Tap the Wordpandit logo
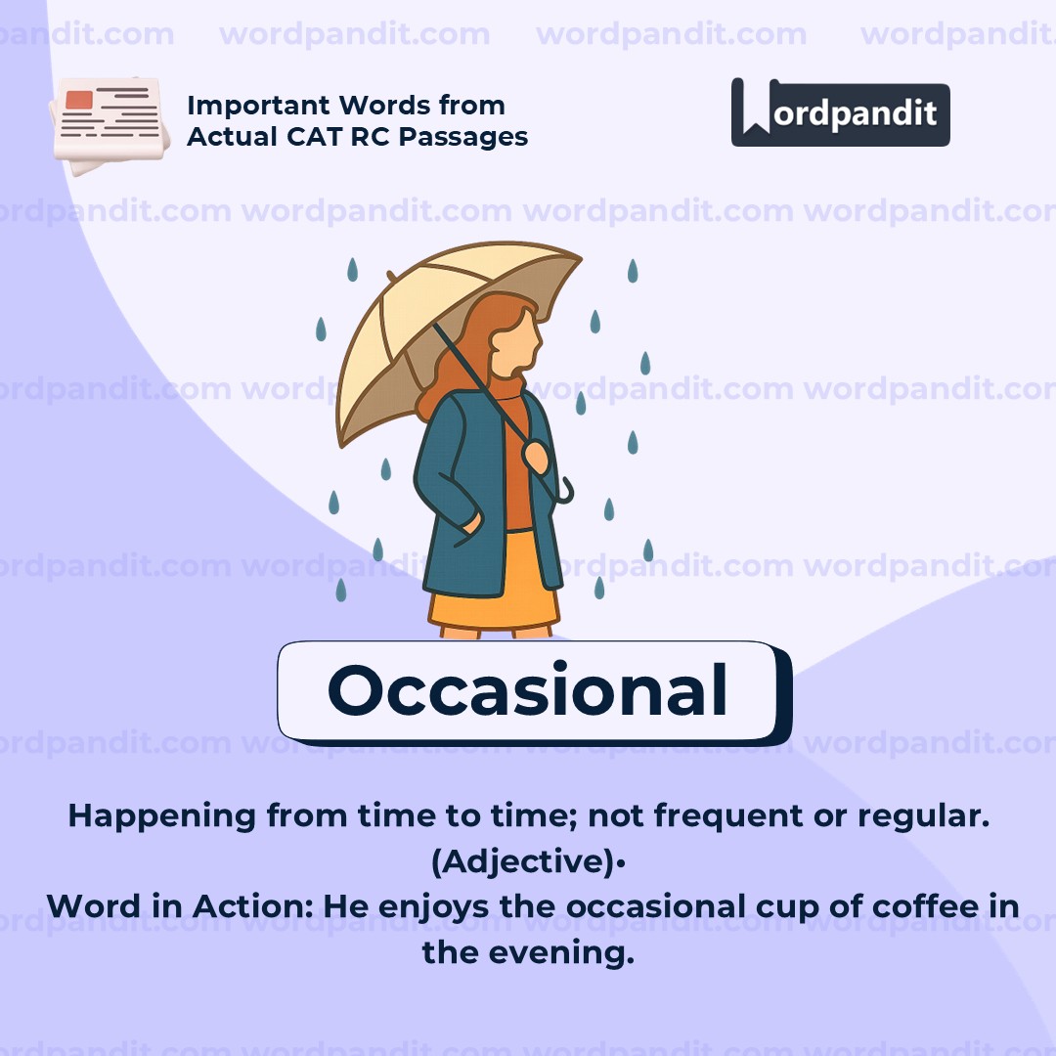point(841,112)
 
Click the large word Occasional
point(527,689)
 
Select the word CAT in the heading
point(315,137)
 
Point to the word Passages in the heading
point(463,138)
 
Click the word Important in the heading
point(258,107)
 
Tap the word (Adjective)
point(523,861)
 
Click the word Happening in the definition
point(161,816)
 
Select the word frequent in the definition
point(728,816)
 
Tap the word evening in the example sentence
point(561,953)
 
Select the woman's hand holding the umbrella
point(537,456)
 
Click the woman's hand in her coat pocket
point(470,523)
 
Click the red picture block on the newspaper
point(79,100)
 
